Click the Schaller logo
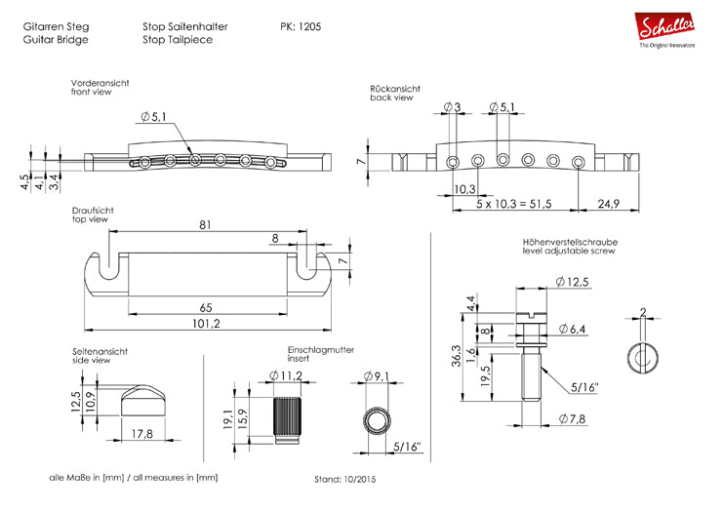coord(667,29)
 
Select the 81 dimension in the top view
coord(205,223)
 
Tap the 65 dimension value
coord(205,306)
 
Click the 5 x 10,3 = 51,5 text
coord(513,203)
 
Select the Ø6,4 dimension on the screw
coord(576,330)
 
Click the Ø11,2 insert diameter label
coord(287,374)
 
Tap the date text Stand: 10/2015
coord(344,480)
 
